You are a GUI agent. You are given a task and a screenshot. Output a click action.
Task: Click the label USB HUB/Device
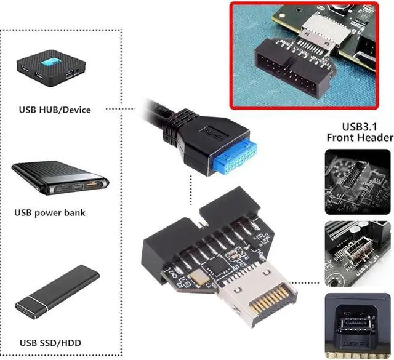pos(55,110)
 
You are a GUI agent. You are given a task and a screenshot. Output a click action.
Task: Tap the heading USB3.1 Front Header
pos(359,131)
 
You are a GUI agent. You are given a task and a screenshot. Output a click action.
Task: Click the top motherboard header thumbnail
pos(358,179)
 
